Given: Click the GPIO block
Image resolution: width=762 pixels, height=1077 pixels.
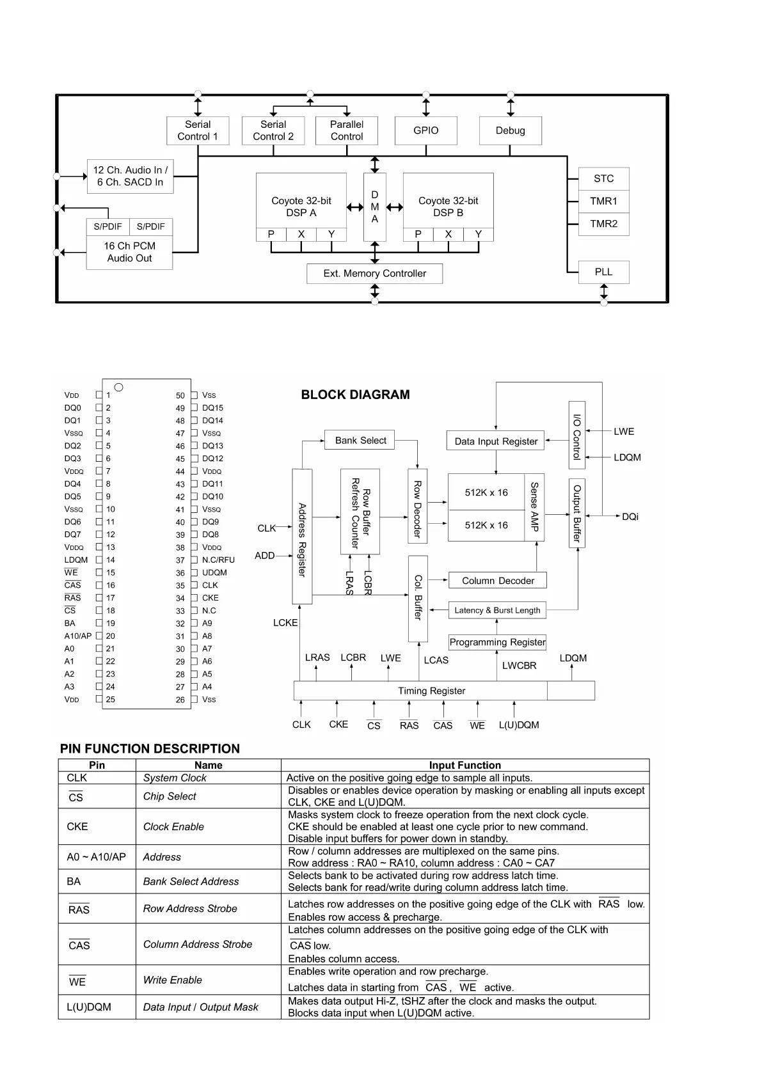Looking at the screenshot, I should coord(425,130).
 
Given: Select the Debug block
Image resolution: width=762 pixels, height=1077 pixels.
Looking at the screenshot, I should coord(510,130).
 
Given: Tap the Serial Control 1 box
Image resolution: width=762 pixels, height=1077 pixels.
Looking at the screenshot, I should coord(198,130).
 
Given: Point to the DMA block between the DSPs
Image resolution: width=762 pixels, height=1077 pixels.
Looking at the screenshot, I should coord(375,207).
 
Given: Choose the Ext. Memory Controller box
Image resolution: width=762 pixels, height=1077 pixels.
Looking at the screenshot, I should coord(374,274).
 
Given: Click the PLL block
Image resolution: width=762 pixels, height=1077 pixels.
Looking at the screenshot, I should coord(603,272).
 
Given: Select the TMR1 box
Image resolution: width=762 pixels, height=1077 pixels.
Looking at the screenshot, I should coord(603,201).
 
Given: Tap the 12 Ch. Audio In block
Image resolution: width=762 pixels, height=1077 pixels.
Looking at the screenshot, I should coord(131,176).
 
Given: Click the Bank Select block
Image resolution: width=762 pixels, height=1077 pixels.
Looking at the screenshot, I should coord(360,440).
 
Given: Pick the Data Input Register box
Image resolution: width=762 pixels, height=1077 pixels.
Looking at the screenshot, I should coord(496,441).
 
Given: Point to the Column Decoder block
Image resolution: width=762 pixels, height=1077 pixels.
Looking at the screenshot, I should coord(498,581).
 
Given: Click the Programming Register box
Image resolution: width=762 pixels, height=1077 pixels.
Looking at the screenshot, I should coord(497,642).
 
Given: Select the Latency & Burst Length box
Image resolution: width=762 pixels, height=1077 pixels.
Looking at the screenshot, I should coord(497,610).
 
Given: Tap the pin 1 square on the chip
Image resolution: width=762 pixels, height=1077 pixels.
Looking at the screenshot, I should coord(99,395).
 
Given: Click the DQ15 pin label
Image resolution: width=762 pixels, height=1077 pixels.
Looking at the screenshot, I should coord(212,408).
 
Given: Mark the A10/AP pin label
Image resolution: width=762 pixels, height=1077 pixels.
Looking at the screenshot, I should coord(78,636).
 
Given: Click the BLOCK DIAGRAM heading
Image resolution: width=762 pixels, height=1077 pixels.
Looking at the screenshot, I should coord(355,395).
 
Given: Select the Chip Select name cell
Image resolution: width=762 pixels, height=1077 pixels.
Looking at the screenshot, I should coord(170,796).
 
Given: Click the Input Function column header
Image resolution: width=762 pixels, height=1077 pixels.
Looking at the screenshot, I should coord(464,765).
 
